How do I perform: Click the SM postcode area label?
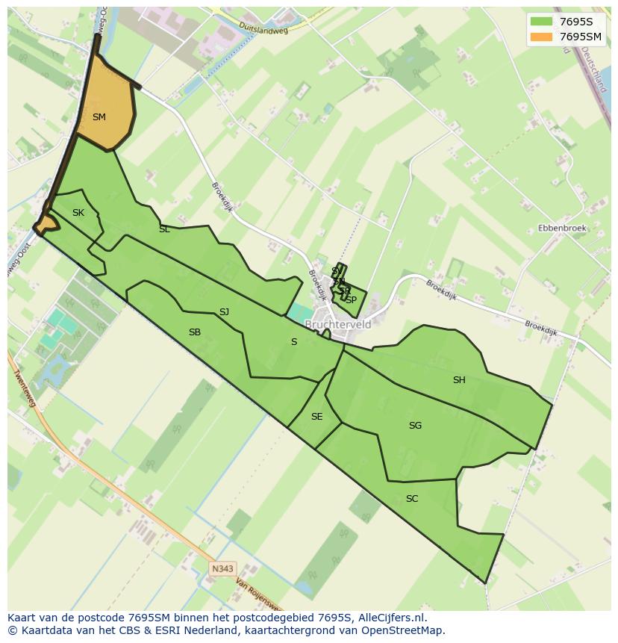99,117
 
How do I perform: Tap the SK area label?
78,214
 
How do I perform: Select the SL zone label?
164,230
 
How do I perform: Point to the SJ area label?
224,312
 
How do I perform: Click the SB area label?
195,332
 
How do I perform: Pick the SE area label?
317,417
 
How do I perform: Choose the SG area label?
415,426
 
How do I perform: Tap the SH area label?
459,380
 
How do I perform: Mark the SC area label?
412,499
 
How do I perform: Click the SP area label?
351,300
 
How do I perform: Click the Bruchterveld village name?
338,325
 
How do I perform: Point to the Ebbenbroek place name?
562,229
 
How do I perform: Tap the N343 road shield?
222,569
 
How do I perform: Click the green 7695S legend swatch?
541,21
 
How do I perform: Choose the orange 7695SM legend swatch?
541,37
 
